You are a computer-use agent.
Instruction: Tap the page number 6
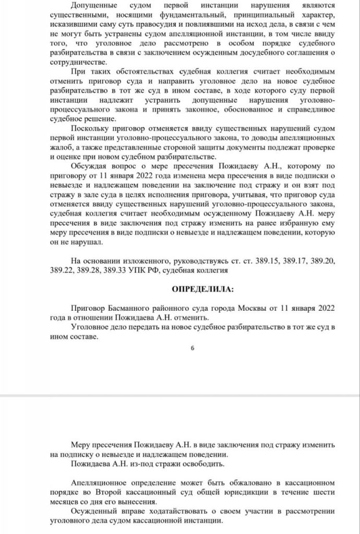click(x=192, y=348)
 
